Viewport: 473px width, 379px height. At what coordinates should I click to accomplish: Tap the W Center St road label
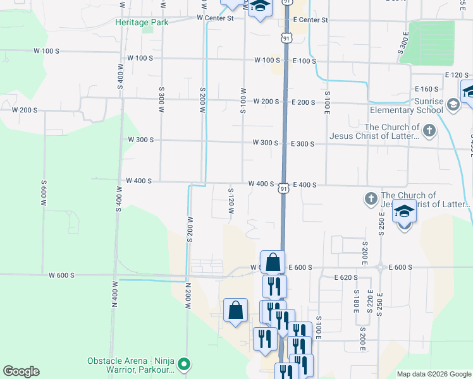click(215, 18)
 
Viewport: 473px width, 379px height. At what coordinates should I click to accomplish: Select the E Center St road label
click(310, 20)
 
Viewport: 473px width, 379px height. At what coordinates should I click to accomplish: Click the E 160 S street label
click(427, 89)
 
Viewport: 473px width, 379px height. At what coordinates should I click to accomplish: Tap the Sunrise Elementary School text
click(407, 105)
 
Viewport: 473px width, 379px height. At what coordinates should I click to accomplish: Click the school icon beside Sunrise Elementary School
click(453, 104)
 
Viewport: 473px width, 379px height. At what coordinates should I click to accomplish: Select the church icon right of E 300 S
click(429, 131)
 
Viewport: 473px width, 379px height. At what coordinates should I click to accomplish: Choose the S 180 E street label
click(357, 302)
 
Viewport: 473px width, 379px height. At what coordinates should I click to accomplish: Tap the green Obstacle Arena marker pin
click(184, 364)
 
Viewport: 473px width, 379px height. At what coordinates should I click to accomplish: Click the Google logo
click(21, 371)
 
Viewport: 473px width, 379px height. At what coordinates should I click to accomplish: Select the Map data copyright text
click(433, 374)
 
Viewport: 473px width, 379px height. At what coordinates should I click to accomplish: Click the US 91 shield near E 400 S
click(285, 189)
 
